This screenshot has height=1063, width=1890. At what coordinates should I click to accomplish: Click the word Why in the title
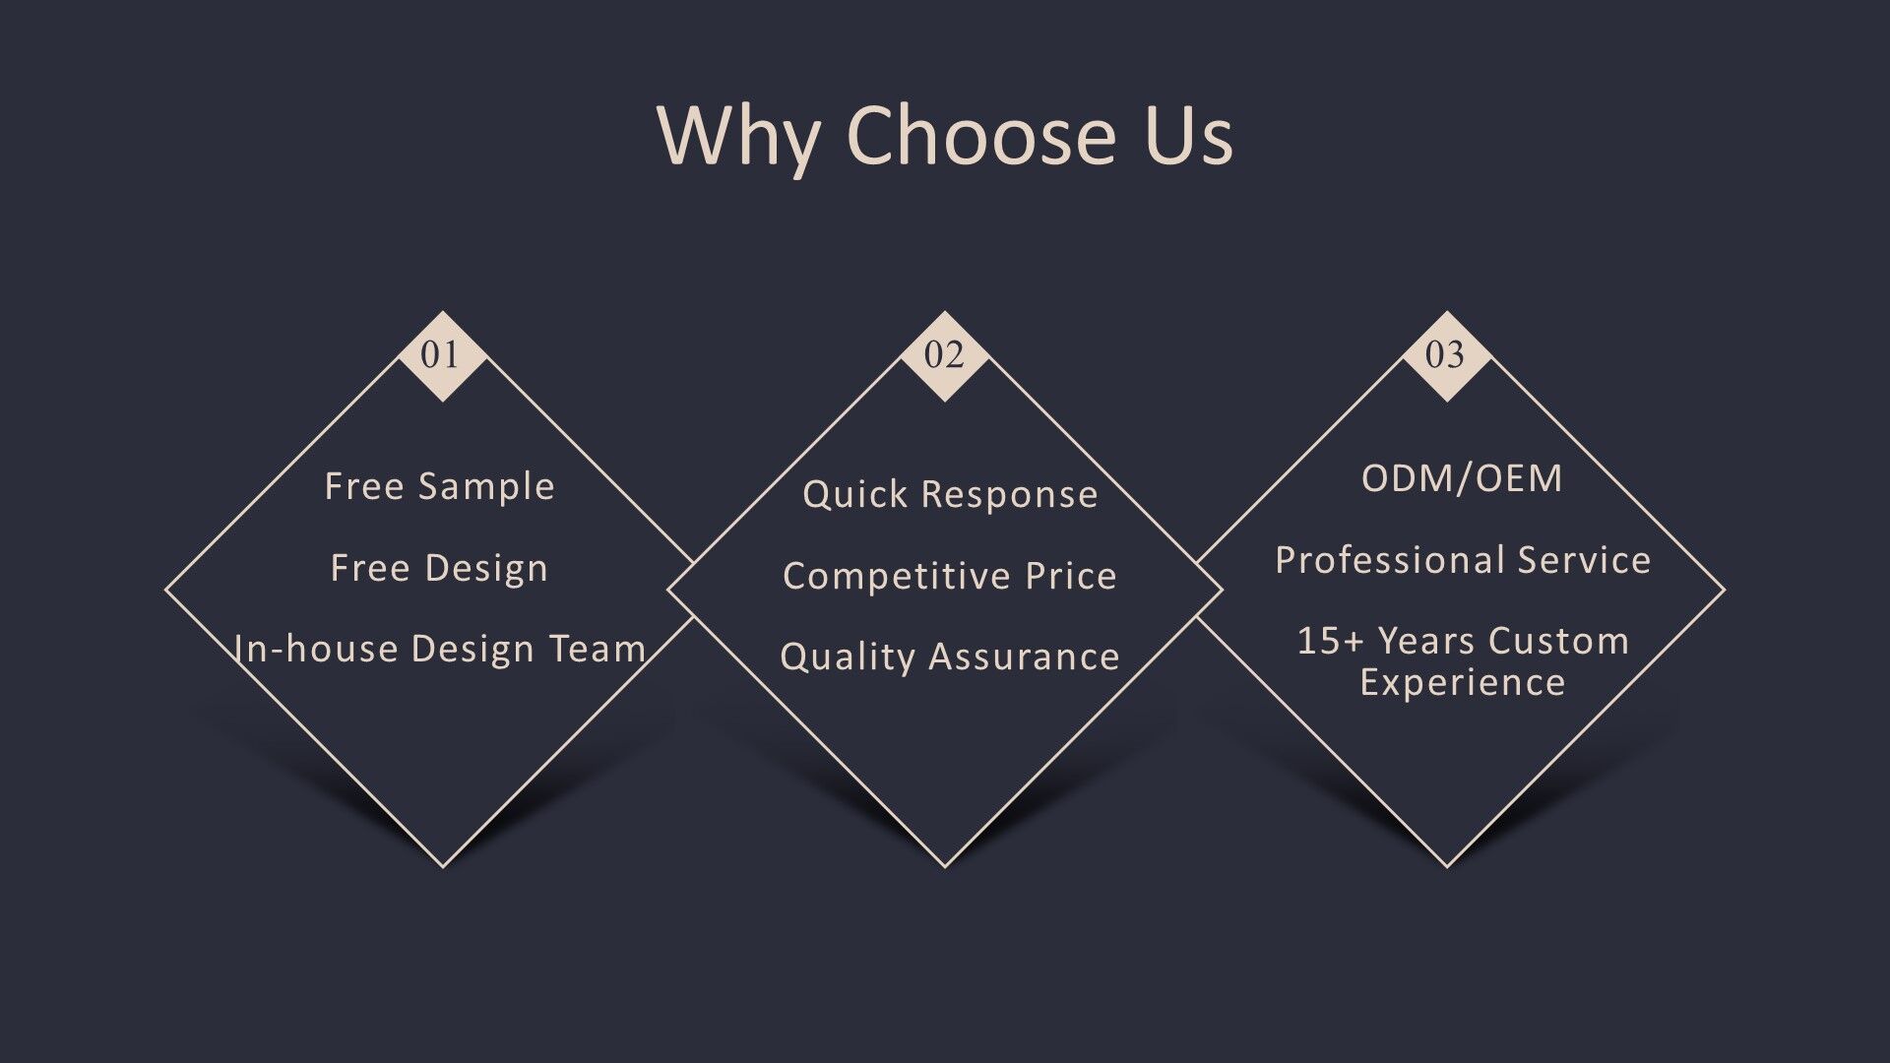pos(738,136)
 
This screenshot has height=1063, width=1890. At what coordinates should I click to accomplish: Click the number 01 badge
pos(442,355)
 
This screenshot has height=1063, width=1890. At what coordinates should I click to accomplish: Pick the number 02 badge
pos(945,355)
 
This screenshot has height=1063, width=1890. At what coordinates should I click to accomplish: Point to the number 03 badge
pos(1446,355)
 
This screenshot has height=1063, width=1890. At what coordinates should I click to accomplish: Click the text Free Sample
pos(440,486)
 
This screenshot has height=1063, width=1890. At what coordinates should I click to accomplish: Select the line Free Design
pos(439,568)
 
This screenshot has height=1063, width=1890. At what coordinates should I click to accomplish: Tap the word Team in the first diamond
pos(598,649)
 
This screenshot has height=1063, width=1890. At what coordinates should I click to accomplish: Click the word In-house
pos(316,649)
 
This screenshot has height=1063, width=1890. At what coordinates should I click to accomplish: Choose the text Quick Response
pos(950,494)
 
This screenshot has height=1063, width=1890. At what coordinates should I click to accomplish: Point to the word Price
pos(1071,576)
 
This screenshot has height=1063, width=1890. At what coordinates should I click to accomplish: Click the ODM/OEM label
pos(1462,478)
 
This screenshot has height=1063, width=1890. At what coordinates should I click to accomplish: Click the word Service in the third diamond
pos(1584,560)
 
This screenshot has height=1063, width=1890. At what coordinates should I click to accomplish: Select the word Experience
pos(1463,683)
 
